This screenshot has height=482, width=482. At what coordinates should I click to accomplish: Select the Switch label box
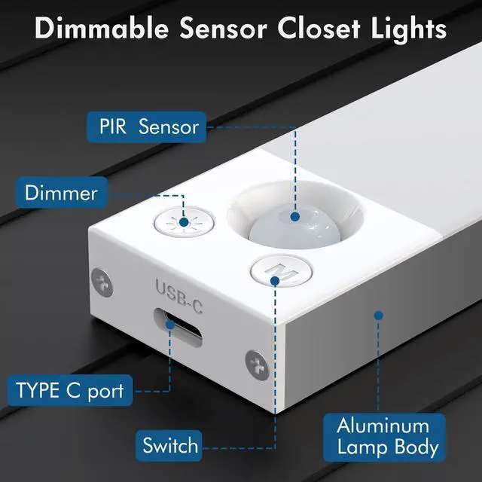pyautogui.click(x=171, y=445)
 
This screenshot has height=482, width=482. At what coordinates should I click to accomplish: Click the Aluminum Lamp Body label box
pyautogui.click(x=387, y=436)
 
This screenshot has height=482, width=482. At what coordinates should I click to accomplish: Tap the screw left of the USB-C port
pyautogui.click(x=101, y=282)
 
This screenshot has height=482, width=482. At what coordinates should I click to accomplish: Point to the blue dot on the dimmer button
pyautogui.click(x=184, y=197)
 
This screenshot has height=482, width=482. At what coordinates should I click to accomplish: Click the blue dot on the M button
pyautogui.click(x=275, y=280)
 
